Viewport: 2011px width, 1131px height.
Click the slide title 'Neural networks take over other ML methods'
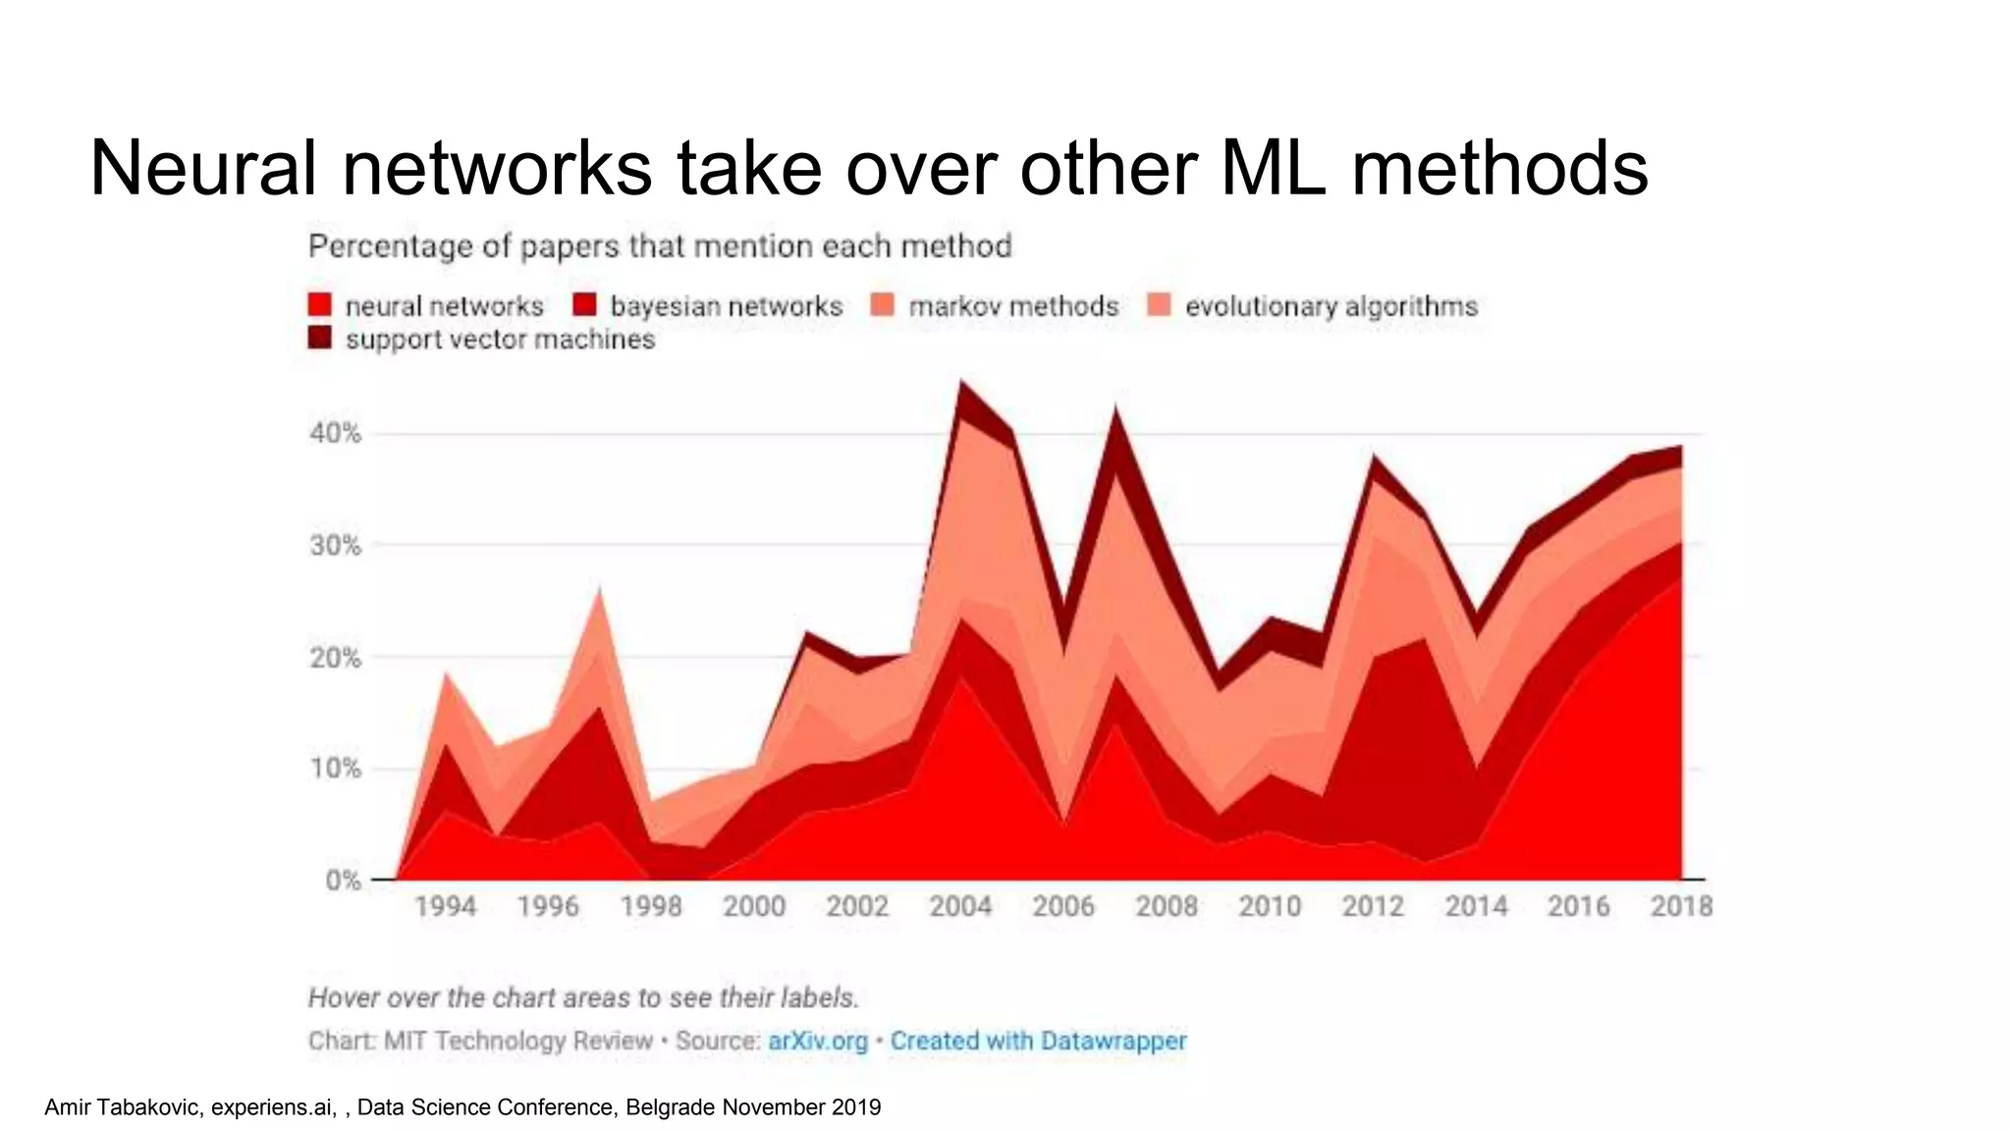868,168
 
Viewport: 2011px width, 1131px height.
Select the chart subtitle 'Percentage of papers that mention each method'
660,245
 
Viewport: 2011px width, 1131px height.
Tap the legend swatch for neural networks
320,305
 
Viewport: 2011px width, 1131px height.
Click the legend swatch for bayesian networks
585,305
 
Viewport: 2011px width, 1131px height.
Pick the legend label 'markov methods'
1013,306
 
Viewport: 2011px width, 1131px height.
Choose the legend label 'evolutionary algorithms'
1331,306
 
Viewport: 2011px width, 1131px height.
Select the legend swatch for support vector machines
320,339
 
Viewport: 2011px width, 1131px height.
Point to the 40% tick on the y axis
336,433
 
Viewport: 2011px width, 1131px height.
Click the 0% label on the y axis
343,880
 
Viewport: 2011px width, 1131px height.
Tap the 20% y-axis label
336,657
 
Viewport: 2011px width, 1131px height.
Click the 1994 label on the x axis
445,905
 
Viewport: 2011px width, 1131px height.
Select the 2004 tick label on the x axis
960,905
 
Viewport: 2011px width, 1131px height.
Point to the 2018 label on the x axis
1681,905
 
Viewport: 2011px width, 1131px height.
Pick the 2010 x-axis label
1269,905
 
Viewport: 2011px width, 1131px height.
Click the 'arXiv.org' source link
818,1041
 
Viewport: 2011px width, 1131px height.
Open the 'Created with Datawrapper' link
1038,1041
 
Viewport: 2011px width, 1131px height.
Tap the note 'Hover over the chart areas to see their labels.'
583,997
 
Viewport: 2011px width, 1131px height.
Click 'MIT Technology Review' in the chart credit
517,1041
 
